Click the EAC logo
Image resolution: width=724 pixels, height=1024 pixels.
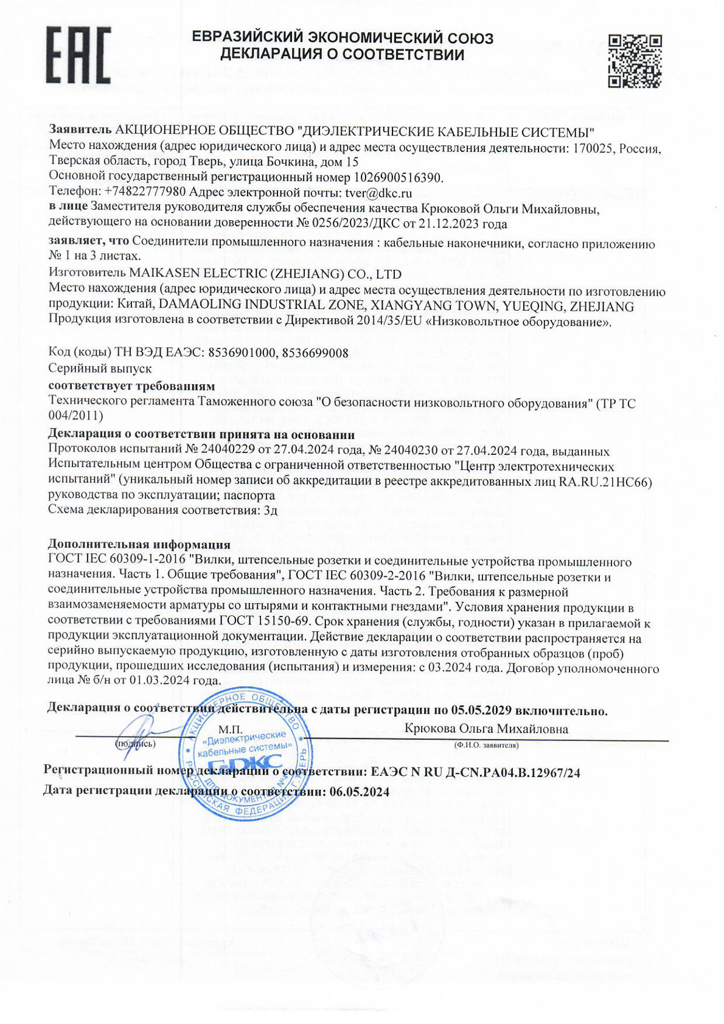78,55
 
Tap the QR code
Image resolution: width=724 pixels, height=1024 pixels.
635,61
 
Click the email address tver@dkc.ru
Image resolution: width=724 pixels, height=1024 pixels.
378,193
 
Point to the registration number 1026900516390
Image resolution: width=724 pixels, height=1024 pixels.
398,178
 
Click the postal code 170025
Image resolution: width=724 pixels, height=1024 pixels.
594,148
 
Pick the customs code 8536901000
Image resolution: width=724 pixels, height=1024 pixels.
243,353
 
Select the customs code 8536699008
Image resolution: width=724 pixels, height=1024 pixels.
315,353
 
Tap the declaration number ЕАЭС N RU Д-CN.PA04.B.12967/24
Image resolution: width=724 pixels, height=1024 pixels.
475,772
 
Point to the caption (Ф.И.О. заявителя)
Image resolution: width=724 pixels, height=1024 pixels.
486,745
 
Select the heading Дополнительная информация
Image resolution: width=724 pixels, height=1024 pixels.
139,544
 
